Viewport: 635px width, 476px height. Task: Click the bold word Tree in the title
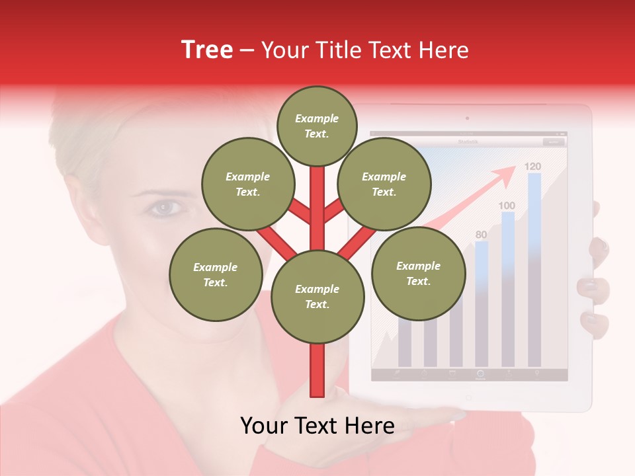(x=207, y=50)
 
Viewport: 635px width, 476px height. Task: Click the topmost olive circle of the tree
(x=317, y=126)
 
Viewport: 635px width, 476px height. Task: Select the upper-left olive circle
(x=247, y=184)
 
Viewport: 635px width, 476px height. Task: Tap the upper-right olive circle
(x=384, y=184)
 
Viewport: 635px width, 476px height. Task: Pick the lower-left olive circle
(x=216, y=274)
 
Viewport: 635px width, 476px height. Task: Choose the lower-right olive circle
(x=418, y=273)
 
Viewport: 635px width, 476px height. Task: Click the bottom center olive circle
(x=317, y=297)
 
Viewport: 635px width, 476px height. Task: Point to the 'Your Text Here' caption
(x=317, y=426)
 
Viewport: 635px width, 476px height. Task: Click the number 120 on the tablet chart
(x=532, y=166)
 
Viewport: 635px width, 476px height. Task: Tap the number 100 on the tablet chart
(x=507, y=206)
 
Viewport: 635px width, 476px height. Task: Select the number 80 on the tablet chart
(x=481, y=235)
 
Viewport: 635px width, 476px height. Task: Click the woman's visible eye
(x=163, y=208)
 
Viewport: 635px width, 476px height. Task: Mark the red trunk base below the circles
(x=317, y=374)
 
